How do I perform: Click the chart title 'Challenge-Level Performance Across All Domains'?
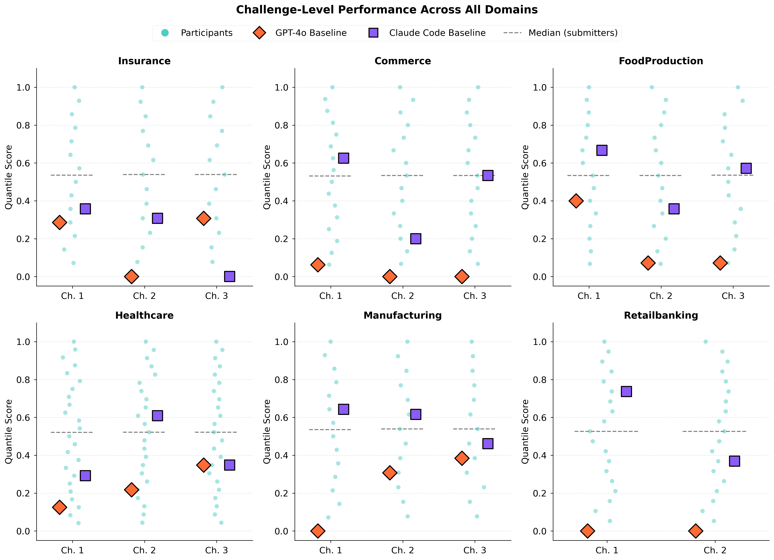click(x=387, y=9)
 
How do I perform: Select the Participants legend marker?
click(x=165, y=33)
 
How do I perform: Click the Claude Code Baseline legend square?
click(x=373, y=33)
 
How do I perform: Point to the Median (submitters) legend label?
click(x=573, y=33)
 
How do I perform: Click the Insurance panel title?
click(x=144, y=61)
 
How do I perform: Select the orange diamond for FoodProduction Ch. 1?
click(x=576, y=201)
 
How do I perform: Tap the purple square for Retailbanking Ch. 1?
click(x=626, y=391)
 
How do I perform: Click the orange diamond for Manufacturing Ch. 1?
click(x=318, y=531)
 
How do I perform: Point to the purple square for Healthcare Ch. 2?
click(x=157, y=416)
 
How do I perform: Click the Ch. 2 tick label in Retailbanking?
click(x=715, y=550)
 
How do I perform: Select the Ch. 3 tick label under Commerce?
click(x=475, y=296)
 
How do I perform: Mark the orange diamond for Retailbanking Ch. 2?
click(x=695, y=531)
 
